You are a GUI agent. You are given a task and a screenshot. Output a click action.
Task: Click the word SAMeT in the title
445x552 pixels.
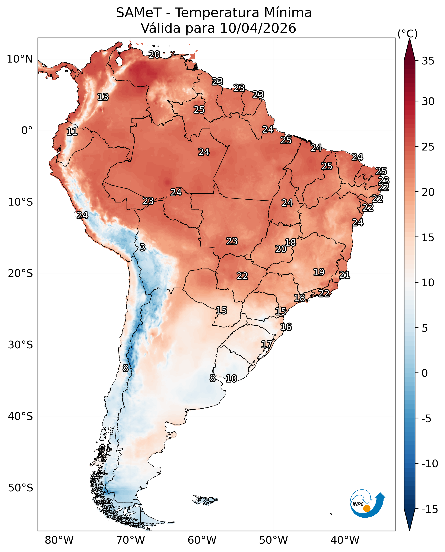[139, 13]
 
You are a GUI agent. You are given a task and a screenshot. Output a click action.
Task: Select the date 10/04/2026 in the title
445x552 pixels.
[258, 28]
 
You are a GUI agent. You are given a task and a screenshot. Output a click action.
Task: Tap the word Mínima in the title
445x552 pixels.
[288, 13]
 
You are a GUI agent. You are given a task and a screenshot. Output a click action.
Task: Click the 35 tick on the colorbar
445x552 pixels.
[428, 61]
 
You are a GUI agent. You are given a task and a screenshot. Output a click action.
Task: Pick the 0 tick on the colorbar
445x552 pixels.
[425, 373]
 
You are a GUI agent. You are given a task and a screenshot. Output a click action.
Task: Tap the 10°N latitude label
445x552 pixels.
[20, 59]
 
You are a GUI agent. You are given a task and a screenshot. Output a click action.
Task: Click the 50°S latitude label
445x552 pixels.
[20, 488]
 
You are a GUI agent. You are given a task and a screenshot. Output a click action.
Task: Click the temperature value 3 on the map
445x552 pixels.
[143, 247]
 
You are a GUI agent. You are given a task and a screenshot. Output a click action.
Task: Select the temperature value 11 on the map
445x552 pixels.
[72, 132]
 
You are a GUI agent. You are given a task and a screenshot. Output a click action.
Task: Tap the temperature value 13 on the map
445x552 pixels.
[103, 97]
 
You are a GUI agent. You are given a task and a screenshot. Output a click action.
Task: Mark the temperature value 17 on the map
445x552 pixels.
[267, 344]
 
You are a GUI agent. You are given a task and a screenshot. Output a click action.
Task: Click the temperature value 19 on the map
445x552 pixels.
[319, 272]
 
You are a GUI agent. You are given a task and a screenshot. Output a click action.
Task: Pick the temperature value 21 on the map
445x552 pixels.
[344, 275]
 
